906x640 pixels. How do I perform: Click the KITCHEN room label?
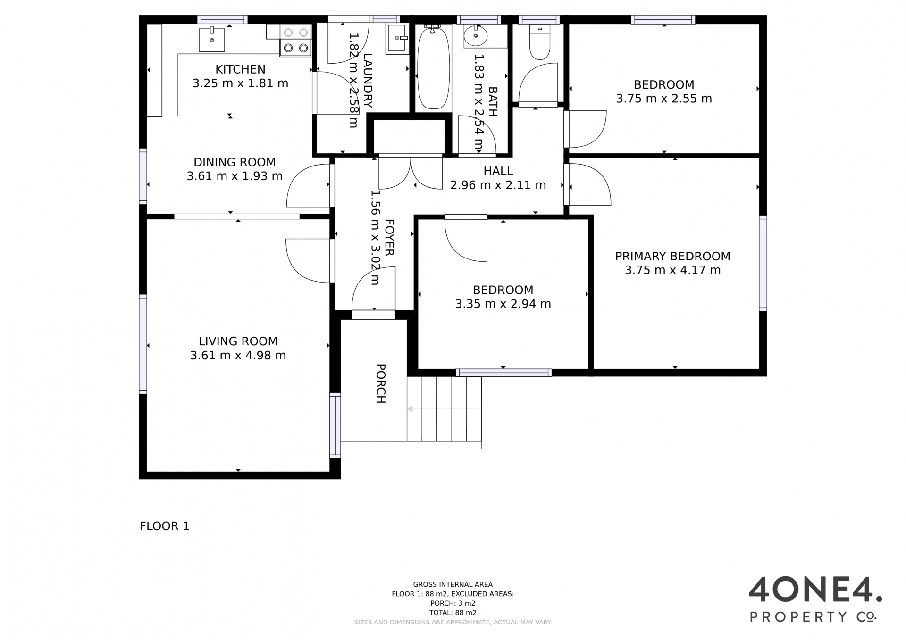[240, 69]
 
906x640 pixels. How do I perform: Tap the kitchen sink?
[211, 39]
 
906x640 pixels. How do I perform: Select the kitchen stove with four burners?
[296, 40]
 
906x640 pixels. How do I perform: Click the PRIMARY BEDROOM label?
[672, 256]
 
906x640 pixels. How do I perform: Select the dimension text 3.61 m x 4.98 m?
[238, 355]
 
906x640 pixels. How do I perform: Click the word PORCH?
[381, 383]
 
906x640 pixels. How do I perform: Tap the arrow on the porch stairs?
[444, 409]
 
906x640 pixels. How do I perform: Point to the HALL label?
[498, 171]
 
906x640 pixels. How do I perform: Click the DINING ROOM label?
[235, 162]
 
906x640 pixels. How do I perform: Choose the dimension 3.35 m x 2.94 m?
[503, 304]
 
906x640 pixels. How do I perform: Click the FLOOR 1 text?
[165, 526]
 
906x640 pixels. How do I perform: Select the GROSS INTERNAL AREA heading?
[453, 584]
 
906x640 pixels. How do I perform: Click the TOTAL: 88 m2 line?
[453, 613]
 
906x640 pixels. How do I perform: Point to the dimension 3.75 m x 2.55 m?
[664, 99]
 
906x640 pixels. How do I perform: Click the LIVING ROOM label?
[238, 341]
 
